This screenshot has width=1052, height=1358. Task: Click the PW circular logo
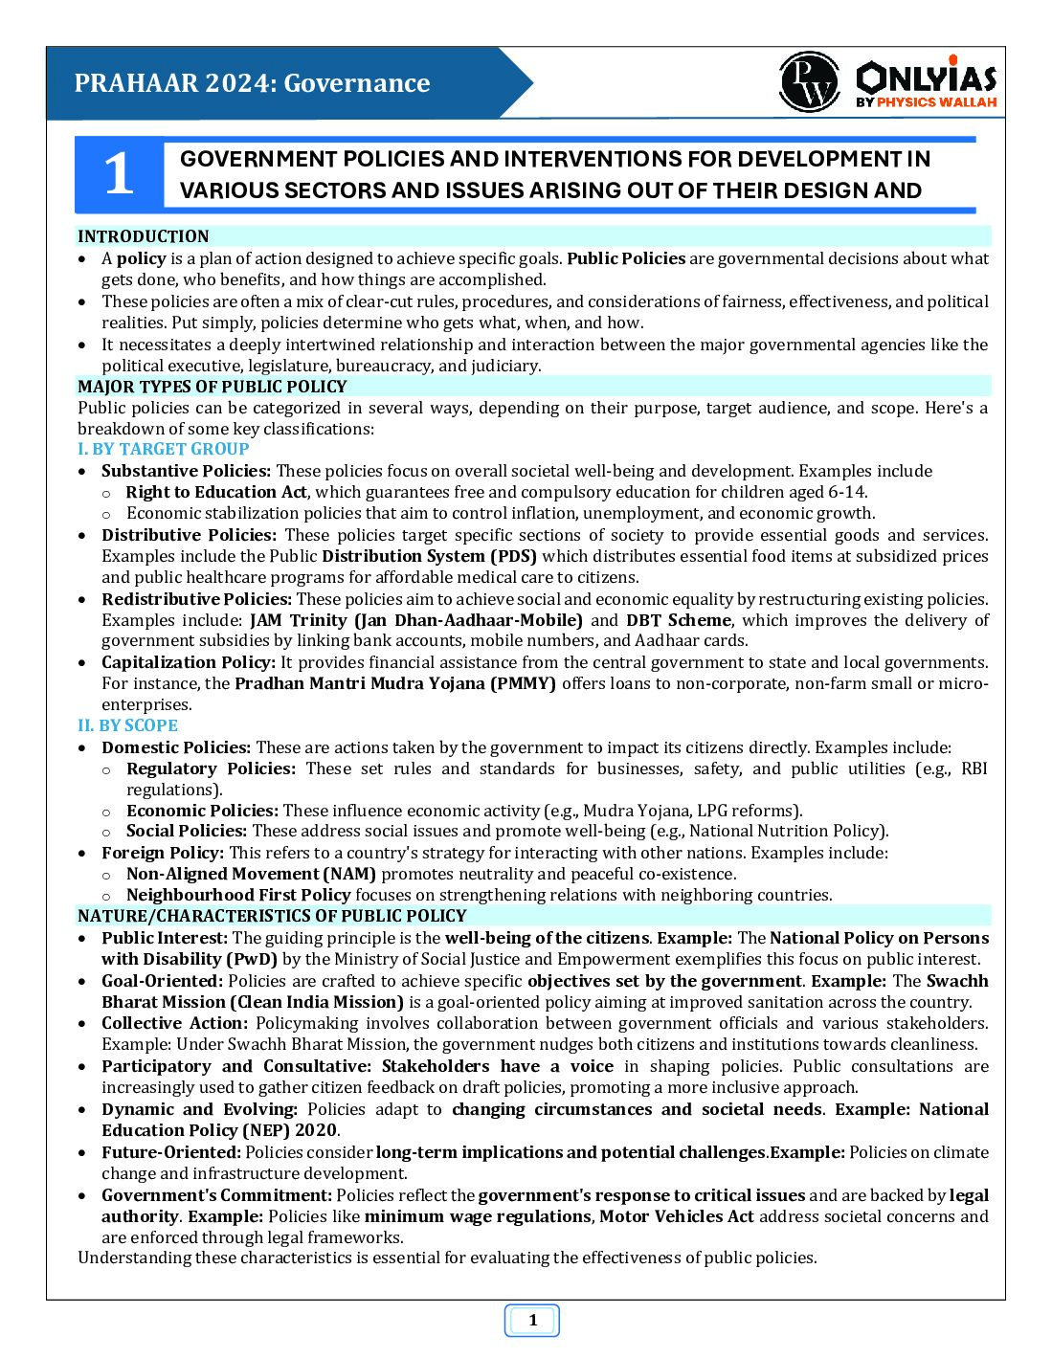coord(809,82)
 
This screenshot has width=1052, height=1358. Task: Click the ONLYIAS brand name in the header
coord(926,77)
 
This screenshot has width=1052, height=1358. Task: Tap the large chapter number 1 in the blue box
coord(119,175)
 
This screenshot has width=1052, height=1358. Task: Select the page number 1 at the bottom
coord(532,1321)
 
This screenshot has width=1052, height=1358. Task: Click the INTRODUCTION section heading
coord(144,236)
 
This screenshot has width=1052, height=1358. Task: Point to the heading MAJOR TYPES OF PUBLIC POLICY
coord(213,387)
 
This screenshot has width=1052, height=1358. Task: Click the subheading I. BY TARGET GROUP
coord(164,449)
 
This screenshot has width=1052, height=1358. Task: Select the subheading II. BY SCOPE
coord(128,725)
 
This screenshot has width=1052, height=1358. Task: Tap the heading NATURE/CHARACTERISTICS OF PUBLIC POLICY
coord(272,916)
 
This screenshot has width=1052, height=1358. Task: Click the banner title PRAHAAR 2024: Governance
coord(253,83)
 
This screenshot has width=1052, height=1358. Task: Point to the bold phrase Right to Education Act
coord(216,492)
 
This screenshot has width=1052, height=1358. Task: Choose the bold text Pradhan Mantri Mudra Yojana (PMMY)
coord(395,683)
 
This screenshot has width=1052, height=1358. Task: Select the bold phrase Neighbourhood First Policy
coord(238,895)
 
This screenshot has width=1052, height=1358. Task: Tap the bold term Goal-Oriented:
coord(163,981)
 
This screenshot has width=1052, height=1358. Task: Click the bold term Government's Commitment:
coord(217,1195)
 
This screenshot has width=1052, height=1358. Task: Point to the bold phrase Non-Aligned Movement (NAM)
coord(251,874)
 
